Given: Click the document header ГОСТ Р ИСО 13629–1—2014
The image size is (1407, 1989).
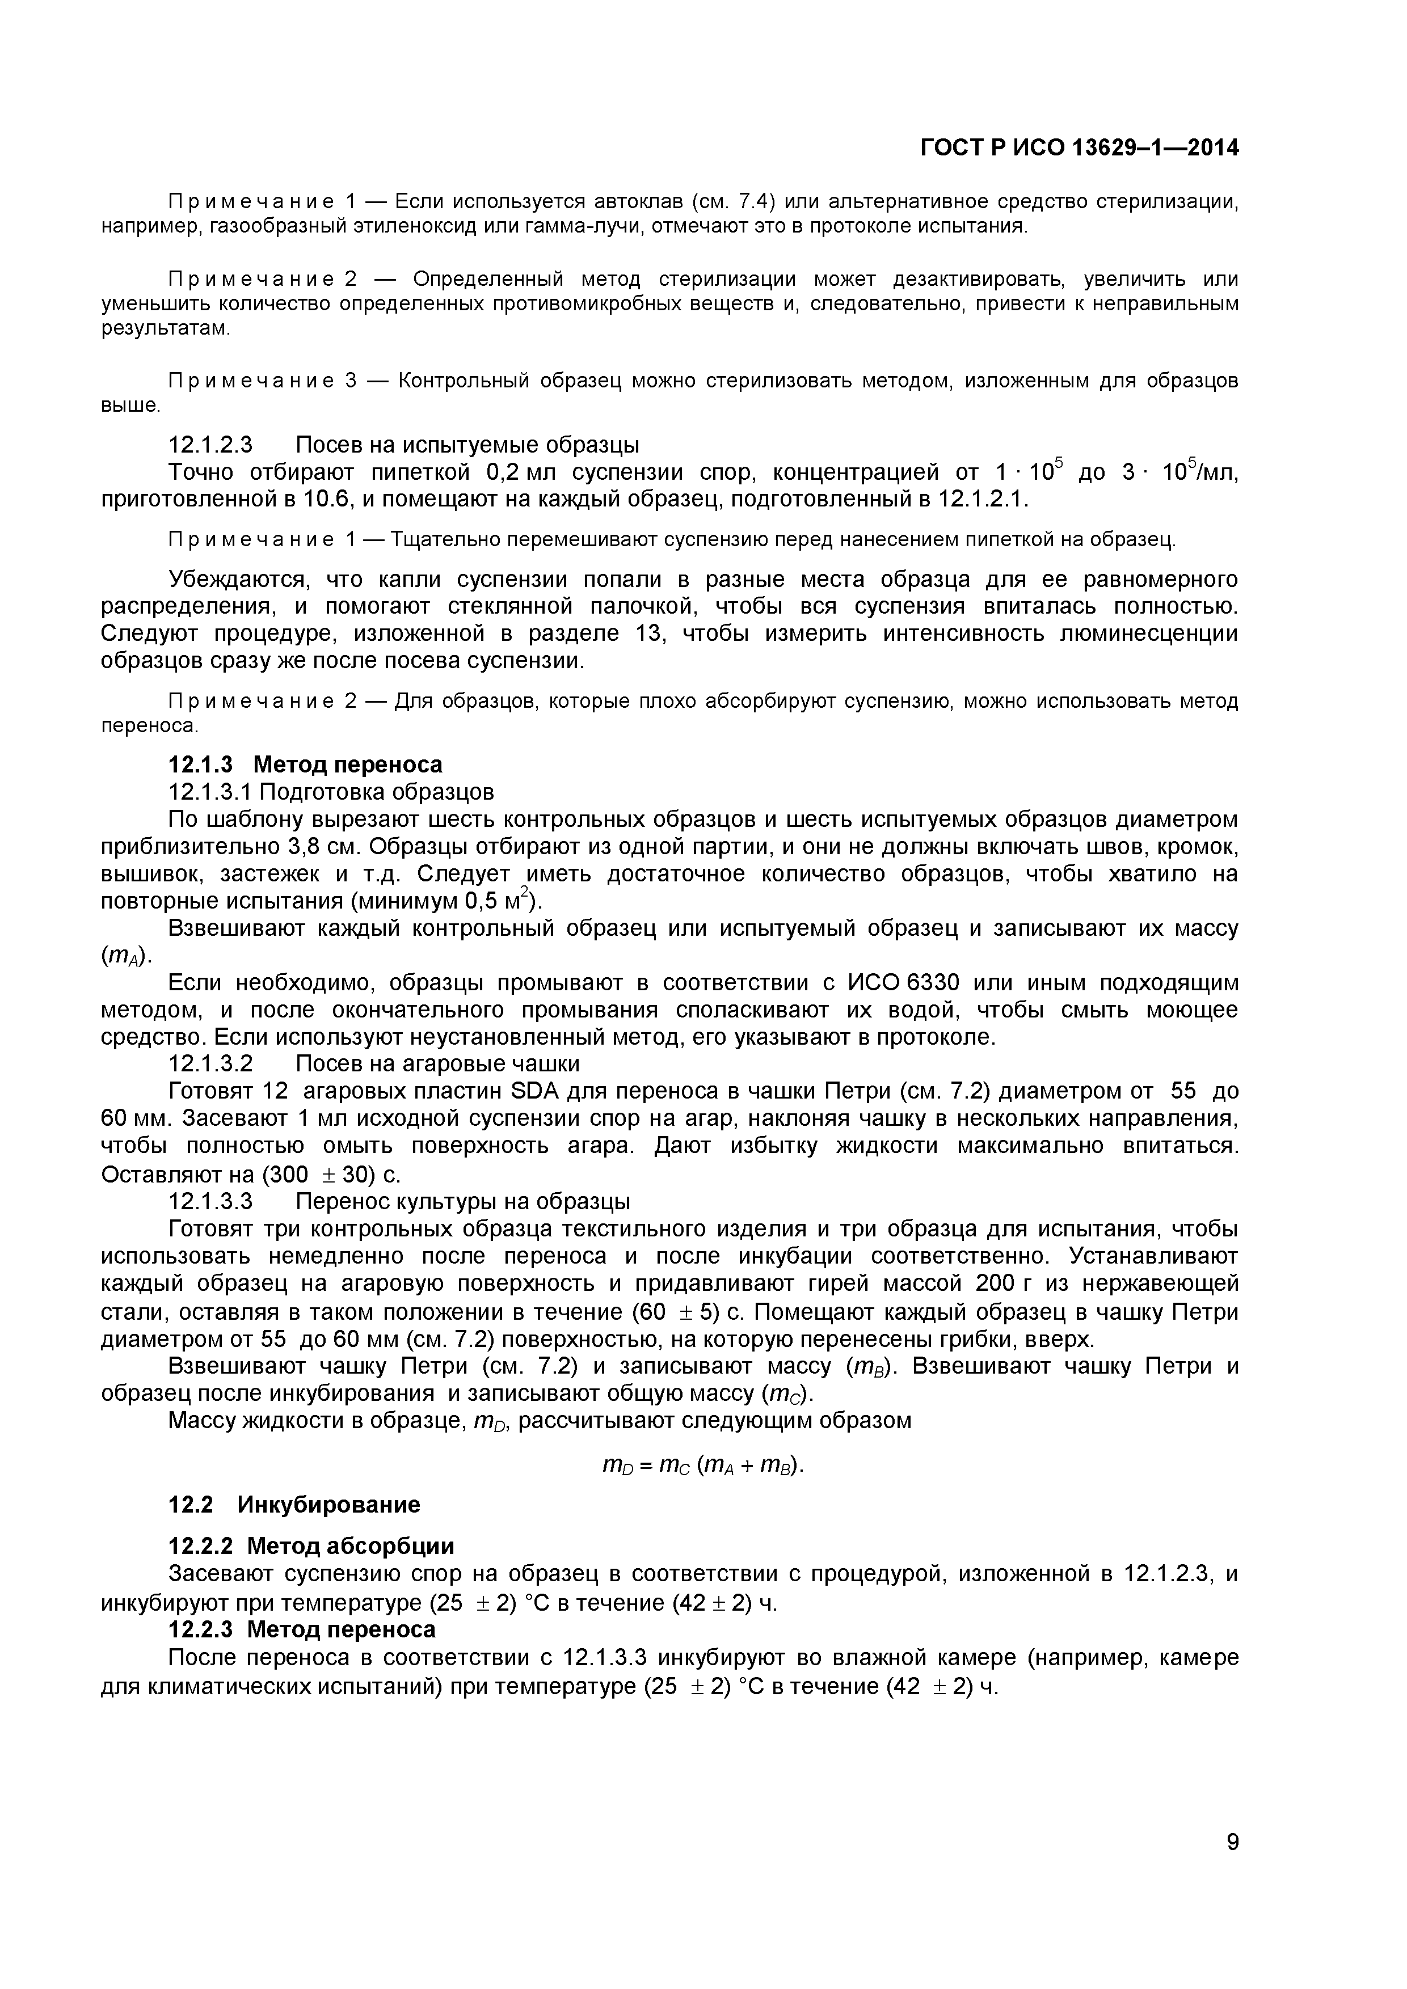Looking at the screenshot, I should coord(1079,148).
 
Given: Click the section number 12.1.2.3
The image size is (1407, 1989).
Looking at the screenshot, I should coord(210,445).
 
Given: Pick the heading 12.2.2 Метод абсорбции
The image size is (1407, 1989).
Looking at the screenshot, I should coord(310,1546).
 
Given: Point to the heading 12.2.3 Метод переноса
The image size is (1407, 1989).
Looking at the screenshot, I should coord(301,1629).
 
